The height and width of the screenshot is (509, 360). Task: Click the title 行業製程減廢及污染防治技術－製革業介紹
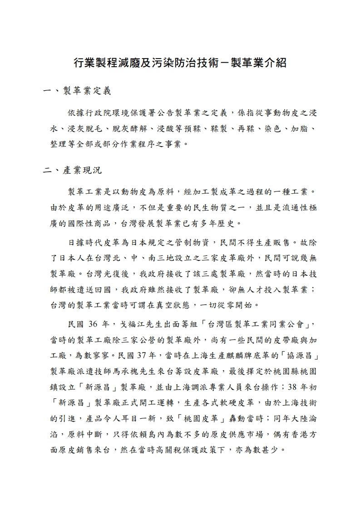pos(180,63)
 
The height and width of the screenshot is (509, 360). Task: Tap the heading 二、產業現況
pos(73,171)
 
